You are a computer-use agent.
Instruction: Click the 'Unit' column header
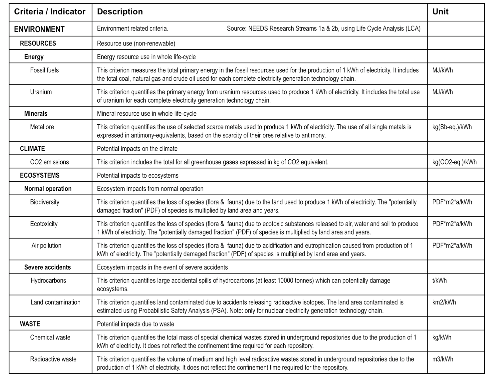[x=440, y=12]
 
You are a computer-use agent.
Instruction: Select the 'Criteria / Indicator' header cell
[x=50, y=12]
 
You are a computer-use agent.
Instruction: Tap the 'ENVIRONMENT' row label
[x=39, y=29]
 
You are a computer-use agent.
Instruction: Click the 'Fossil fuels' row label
[x=44, y=70]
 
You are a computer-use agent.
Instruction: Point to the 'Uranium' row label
[x=41, y=92]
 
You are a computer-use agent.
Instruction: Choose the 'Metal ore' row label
[x=42, y=127]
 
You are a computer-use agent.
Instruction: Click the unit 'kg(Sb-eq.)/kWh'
[x=452, y=127]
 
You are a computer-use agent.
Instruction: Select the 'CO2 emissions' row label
[x=49, y=162]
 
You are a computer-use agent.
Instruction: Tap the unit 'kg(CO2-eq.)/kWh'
[x=454, y=162]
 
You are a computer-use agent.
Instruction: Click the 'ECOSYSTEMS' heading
[x=40, y=175]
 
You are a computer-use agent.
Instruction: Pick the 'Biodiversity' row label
[x=45, y=202]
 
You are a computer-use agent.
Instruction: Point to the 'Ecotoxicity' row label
[x=44, y=224]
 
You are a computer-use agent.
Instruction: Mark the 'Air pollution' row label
[x=46, y=245]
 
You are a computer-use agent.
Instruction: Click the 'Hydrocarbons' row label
[x=48, y=280]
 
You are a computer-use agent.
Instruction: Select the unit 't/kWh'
[x=440, y=280]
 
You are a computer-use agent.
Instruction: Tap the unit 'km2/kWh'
[x=444, y=302]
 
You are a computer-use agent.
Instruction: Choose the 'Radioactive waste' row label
[x=53, y=359]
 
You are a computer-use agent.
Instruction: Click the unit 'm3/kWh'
[x=443, y=359]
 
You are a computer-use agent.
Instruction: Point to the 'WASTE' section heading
[x=30, y=324]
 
